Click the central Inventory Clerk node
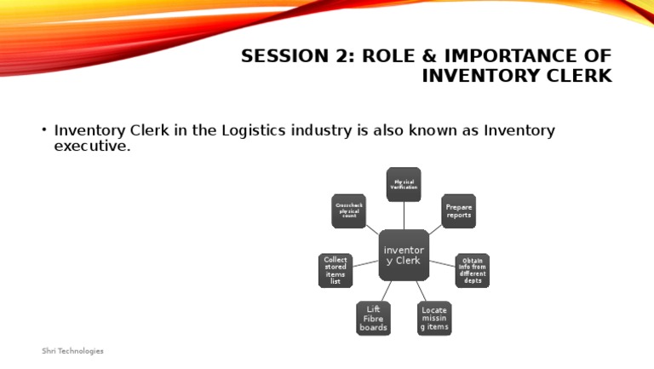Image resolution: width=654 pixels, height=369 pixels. coord(404,255)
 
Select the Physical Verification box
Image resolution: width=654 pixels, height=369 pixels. coord(404,184)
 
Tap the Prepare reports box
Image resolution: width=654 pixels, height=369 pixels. coord(458,210)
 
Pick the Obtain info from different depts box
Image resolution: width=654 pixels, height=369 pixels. coord(473,270)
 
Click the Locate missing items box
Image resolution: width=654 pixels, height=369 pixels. coord(433,319)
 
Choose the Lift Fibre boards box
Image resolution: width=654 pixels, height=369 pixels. coord(373,319)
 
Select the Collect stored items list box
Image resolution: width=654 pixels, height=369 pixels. coord(336,270)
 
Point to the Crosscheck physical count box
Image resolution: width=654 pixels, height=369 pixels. coord(348,210)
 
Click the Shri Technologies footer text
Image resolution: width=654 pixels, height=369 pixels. coord(73,351)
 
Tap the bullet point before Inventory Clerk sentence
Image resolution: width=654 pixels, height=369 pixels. coord(43,131)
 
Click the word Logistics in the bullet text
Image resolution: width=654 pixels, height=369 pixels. coord(261,130)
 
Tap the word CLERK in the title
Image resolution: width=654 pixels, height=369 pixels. coord(581,77)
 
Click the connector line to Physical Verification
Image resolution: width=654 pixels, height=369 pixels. coord(404,216)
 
